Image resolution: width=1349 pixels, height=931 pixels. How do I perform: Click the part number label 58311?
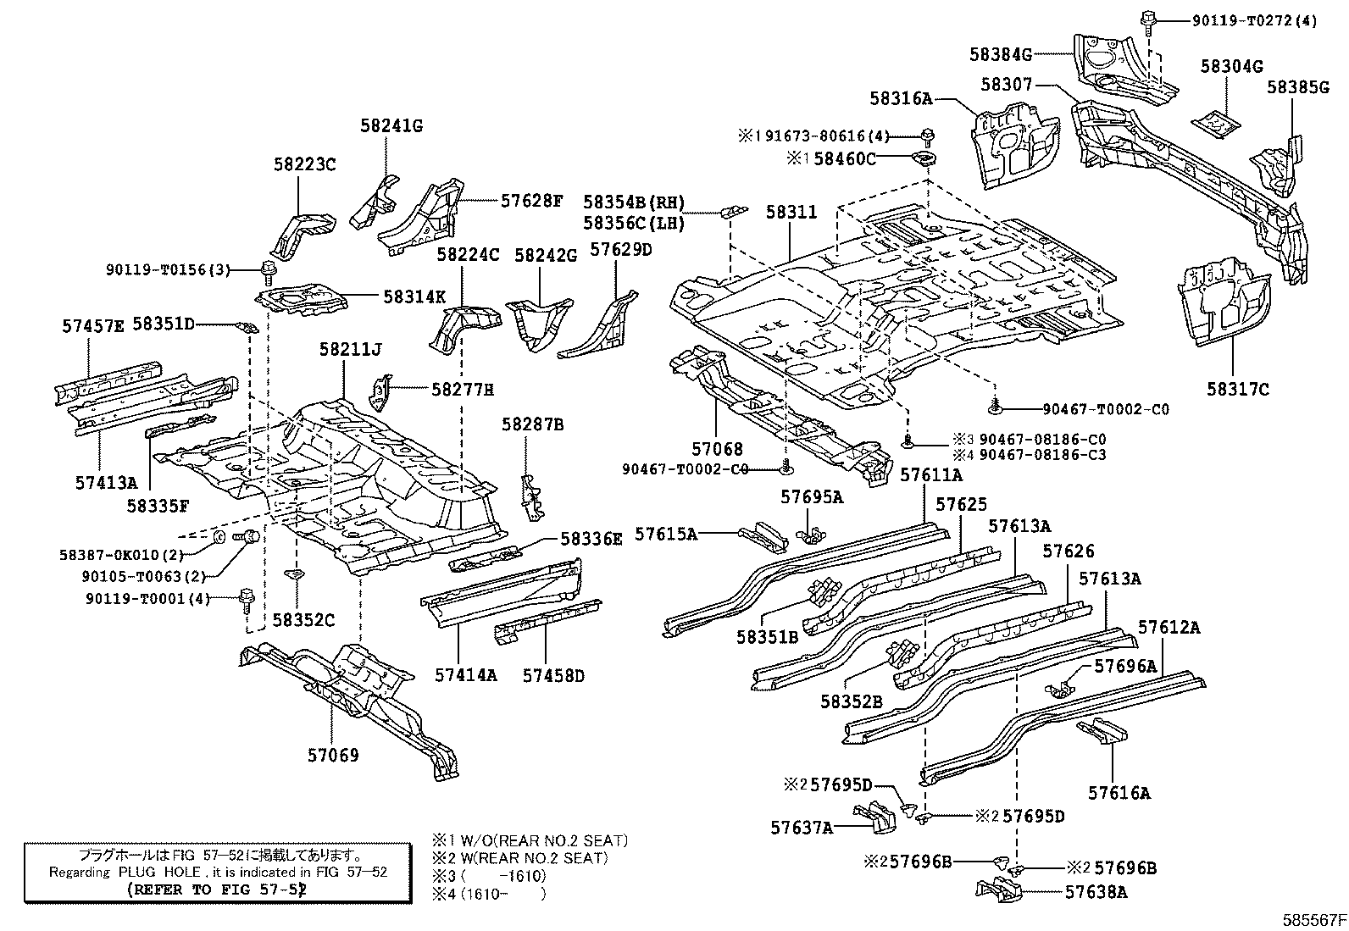tap(791, 213)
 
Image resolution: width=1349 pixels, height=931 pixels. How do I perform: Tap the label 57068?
tap(717, 449)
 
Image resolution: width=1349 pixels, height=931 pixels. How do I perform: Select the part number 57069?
tap(333, 755)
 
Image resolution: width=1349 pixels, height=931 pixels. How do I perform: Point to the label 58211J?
tap(350, 349)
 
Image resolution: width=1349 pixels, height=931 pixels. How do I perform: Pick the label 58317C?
tap(1238, 389)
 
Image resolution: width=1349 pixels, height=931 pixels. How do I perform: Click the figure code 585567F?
tap(1313, 919)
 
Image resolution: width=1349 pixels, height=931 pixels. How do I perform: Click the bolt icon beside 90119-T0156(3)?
tap(269, 270)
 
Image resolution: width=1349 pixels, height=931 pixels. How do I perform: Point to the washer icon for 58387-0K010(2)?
tap(218, 536)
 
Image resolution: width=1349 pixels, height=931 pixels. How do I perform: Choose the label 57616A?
tap(1119, 793)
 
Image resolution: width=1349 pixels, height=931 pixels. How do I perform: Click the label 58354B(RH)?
tap(634, 202)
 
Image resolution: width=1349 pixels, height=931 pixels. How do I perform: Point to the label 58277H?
tap(462, 389)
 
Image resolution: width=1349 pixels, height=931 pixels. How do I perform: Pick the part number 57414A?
tap(466, 675)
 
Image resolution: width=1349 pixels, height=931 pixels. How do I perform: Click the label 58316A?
tap(900, 99)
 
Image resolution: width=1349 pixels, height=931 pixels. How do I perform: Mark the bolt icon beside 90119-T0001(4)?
tap(246, 600)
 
